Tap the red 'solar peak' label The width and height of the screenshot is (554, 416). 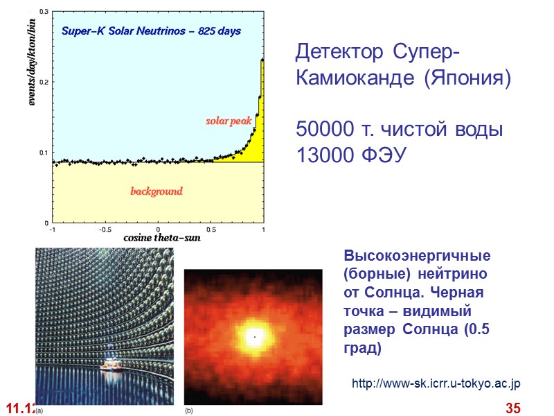pos(228,121)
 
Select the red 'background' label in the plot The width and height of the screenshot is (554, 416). pos(157,191)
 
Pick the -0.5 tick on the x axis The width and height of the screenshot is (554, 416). pos(105,229)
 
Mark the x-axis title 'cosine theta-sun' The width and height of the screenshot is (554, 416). pos(158,239)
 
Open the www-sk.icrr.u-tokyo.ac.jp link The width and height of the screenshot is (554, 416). pos(436,383)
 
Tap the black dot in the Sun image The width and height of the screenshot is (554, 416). pos(254,337)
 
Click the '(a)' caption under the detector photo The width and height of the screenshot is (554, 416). pos(39,410)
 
